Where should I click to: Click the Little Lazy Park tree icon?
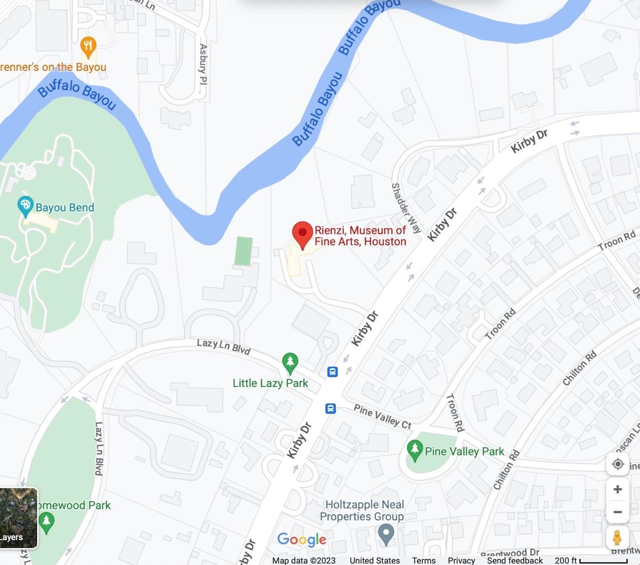[290, 362]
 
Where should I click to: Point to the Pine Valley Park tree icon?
[414, 449]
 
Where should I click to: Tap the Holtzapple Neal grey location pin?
[386, 534]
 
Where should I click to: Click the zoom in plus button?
[617, 489]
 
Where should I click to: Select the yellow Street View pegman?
[617, 537]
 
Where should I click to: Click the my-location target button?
[617, 464]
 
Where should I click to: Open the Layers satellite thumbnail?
[18, 518]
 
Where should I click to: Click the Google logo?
[301, 539]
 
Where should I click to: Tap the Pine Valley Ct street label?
[382, 417]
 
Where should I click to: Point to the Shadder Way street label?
[406, 208]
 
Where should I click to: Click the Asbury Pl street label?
[203, 64]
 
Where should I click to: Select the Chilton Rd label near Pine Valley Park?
[506, 470]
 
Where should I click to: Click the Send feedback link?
[514, 560]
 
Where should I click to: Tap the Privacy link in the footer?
[461, 560]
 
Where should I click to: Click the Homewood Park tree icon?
[46, 522]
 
